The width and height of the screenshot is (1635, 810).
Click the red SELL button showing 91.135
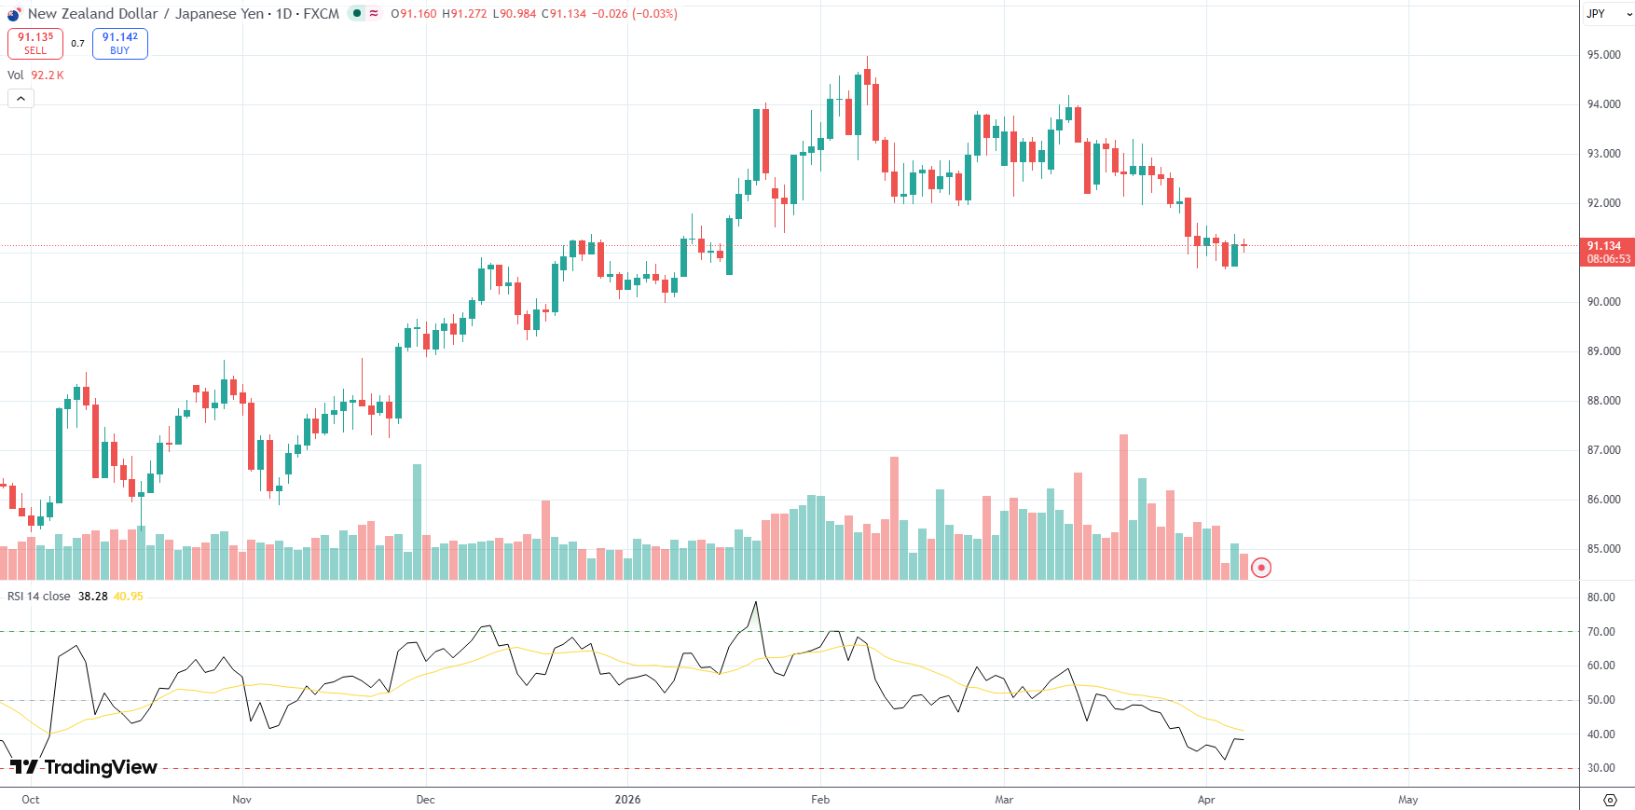click(x=35, y=43)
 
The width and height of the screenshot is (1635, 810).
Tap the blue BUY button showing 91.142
click(x=120, y=43)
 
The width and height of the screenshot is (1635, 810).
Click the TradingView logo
click(x=84, y=767)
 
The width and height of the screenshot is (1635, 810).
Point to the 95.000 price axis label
click(x=1603, y=55)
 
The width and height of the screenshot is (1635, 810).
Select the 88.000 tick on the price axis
click(x=1603, y=401)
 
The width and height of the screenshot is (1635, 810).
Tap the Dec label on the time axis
click(x=425, y=800)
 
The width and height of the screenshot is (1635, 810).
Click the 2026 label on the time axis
click(x=627, y=800)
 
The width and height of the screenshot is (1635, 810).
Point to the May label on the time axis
click(x=1408, y=800)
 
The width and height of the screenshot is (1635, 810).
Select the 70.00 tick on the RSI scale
click(x=1601, y=632)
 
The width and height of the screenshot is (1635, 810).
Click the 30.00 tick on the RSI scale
click(x=1601, y=769)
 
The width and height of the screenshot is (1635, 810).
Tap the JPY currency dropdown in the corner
click(x=1606, y=14)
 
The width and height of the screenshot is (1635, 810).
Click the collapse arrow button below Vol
click(x=21, y=98)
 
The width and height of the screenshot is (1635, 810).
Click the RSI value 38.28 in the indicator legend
click(x=92, y=597)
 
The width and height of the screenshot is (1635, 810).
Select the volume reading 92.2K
click(x=48, y=76)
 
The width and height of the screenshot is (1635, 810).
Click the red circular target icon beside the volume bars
click(x=1260, y=567)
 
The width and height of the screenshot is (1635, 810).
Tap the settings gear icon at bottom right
click(x=1610, y=800)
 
